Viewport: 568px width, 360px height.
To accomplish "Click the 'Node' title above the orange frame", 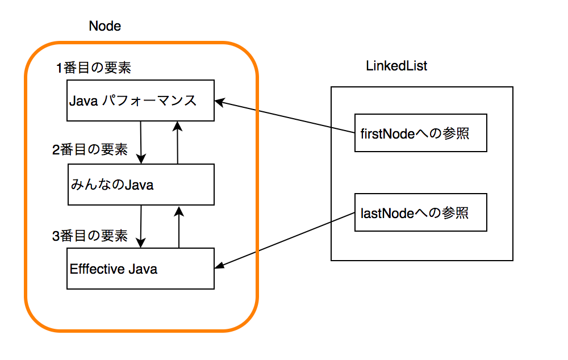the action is tap(105, 26).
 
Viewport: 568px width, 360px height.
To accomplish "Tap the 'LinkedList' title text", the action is tap(396, 66).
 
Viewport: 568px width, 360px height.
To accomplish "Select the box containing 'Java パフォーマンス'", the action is tap(140, 101).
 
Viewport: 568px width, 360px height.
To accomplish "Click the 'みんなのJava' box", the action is tap(141, 185).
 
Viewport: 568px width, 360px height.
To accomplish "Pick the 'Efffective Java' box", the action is tap(140, 269).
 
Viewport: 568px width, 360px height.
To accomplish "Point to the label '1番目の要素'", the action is tap(94, 68).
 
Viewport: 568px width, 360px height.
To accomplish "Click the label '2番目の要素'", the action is tap(90, 149).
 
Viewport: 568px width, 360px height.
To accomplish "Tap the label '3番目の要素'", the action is tap(90, 236).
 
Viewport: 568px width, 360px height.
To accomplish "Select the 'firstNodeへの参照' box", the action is tap(420, 133).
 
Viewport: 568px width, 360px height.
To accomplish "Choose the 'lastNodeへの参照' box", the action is tap(420, 212).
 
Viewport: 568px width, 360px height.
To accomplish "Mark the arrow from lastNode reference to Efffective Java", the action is tap(285, 241).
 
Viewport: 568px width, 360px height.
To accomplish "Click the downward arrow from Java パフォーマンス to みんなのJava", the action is tap(141, 143).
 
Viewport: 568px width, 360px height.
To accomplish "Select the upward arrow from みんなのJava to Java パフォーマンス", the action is tap(177, 143).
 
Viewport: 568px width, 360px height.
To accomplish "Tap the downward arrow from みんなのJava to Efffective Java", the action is tap(141, 227).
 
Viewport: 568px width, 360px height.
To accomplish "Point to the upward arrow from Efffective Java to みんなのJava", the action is tap(179, 227).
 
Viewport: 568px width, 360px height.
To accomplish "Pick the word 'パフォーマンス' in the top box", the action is tap(149, 101).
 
